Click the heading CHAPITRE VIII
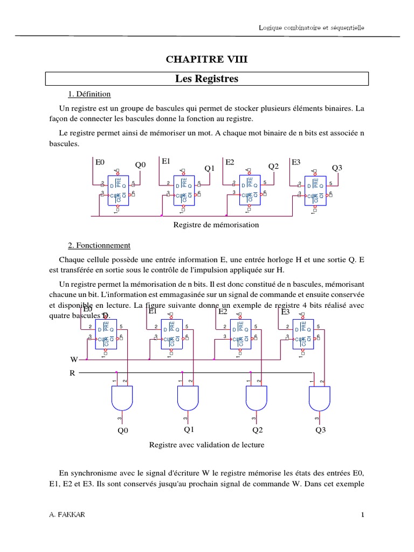point(207,60)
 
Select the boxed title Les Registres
point(207,79)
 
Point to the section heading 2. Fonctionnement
point(99,245)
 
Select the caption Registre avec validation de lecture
point(206,445)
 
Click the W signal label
point(74,359)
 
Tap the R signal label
point(72,372)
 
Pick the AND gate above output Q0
point(121,398)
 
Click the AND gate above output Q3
point(320,398)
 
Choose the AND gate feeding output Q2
point(256,398)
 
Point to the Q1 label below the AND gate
point(189,430)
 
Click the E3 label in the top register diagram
point(296,162)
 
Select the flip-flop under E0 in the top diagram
point(118,190)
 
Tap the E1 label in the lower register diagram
point(152,311)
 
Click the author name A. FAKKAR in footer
point(66,515)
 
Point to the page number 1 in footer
point(363,515)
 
